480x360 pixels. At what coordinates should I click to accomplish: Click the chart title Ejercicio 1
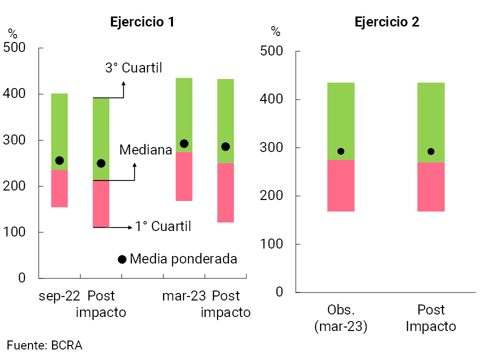142,22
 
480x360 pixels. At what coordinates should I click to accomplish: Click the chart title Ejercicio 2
386,22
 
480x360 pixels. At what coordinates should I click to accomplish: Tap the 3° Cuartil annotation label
133,68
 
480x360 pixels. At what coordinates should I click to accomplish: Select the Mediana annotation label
145,149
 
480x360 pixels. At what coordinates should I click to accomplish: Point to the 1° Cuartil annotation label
163,226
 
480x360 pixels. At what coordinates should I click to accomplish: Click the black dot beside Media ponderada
122,259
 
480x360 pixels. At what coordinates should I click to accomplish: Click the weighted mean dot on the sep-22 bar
59,160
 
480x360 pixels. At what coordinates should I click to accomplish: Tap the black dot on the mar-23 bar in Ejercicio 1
184,144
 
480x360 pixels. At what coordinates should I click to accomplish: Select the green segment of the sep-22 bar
59,131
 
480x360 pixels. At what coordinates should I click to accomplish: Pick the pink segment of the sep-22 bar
59,188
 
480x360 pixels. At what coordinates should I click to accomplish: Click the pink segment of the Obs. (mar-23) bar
340,185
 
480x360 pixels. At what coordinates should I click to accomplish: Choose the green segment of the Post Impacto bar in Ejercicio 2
431,122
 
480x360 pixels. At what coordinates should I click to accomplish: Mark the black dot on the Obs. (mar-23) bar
340,151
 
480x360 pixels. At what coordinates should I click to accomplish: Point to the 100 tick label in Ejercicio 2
271,244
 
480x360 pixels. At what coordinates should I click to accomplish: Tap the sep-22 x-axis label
59,296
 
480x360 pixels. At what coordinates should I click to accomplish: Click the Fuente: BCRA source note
44,345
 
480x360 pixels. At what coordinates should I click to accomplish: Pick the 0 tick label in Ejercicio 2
279,292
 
